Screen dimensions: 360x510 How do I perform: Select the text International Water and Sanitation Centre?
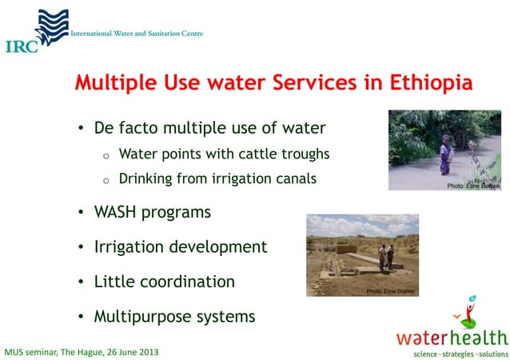click(x=137, y=34)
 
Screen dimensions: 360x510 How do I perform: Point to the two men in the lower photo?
click(x=387, y=256)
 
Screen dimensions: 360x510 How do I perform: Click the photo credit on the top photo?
click(x=473, y=186)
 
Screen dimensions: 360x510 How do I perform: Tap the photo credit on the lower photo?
click(x=392, y=291)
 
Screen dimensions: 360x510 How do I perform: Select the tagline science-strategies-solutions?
click(x=459, y=353)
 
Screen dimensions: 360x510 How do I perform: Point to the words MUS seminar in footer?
click(x=32, y=352)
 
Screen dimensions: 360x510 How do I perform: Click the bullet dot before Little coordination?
click(x=80, y=282)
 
